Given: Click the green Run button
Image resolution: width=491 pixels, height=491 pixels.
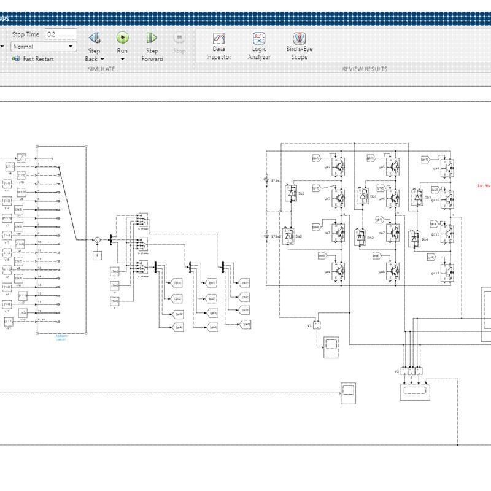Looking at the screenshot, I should tap(122, 38).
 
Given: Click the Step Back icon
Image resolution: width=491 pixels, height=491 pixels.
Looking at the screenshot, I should tap(94, 38).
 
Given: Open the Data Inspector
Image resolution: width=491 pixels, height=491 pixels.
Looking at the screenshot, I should tap(218, 39).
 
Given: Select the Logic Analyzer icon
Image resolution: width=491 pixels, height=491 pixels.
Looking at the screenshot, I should tap(258, 39).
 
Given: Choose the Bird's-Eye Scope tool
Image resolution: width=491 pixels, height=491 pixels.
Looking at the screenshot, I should tap(299, 39).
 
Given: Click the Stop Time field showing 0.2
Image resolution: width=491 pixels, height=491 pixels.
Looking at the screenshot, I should tap(61, 34).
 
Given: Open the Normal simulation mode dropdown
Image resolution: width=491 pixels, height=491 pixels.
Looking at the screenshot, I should tap(43, 47).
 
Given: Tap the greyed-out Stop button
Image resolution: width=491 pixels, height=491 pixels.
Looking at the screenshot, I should tap(179, 39).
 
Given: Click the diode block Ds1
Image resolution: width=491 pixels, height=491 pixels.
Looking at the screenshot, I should tap(293, 193).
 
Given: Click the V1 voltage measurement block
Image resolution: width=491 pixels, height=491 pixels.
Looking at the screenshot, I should tap(317, 325).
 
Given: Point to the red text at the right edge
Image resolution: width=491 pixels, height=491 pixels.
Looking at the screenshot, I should tap(485, 185).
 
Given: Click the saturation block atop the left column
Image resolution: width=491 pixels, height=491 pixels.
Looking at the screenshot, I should tap(21, 158).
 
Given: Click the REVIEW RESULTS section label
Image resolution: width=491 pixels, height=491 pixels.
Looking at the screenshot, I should tap(365, 69).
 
